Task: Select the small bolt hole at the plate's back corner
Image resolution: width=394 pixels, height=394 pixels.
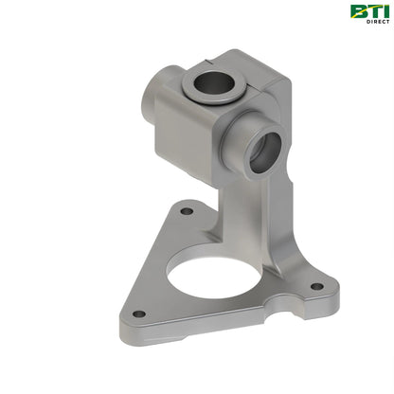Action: pyautogui.click(x=187, y=209)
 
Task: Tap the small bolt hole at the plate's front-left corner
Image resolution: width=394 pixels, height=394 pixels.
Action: pyautogui.click(x=138, y=313)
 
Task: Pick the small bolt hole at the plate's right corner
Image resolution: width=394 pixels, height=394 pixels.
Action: pyautogui.click(x=315, y=285)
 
